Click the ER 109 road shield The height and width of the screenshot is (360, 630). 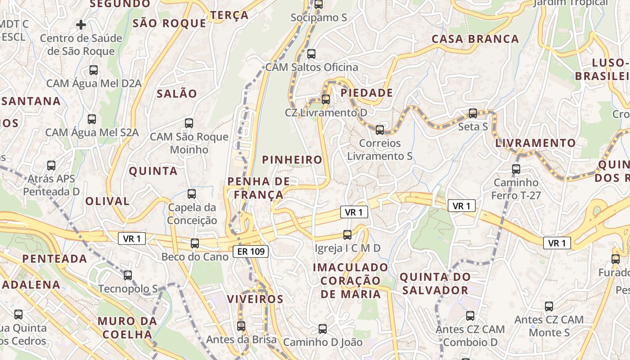(251, 252)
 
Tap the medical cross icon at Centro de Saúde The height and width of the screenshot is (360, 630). (81, 24)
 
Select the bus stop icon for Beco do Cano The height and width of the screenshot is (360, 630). (195, 243)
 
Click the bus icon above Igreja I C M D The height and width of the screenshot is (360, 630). (347, 234)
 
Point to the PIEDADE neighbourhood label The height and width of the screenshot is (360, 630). (367, 93)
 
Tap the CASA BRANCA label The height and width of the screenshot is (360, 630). (475, 39)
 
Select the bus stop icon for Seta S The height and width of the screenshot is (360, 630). (473, 113)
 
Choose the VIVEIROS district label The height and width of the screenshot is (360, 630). (255, 299)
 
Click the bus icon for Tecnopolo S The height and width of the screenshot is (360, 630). (128, 275)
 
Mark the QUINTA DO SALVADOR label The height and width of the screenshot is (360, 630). (435, 283)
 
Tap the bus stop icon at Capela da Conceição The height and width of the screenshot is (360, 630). (192, 194)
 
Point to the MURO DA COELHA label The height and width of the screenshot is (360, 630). (127, 328)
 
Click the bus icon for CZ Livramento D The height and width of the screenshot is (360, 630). (326, 99)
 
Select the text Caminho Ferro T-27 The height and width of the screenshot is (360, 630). (516, 189)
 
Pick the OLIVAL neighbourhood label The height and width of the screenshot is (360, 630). (108, 201)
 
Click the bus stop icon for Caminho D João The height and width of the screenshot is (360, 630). (322, 328)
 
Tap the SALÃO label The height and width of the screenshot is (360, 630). (177, 94)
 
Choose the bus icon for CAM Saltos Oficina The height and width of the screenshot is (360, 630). (311, 54)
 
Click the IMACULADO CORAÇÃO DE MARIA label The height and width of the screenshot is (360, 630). (351, 281)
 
